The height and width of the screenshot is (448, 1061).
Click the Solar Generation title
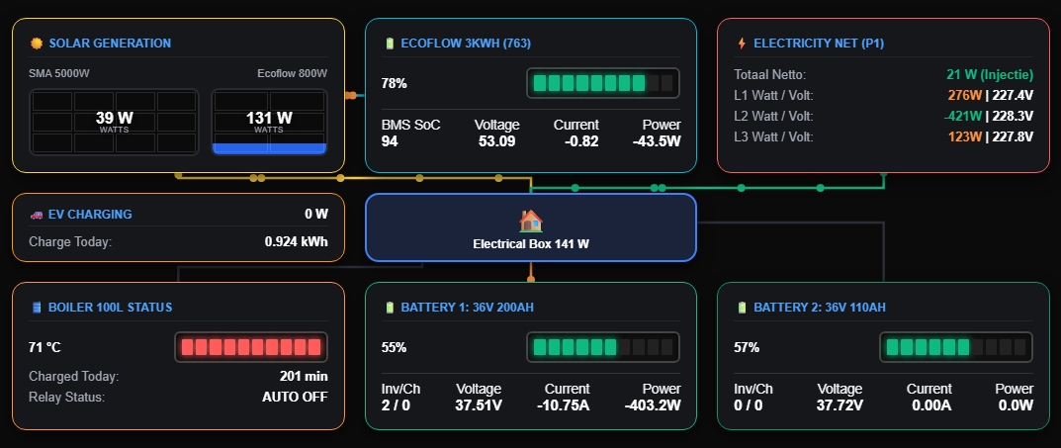tap(110, 44)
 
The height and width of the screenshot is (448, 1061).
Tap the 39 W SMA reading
tap(115, 118)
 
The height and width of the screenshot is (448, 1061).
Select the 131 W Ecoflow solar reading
tap(269, 118)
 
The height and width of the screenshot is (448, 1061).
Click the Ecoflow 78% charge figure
tap(395, 83)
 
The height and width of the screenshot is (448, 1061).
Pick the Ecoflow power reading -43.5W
tap(657, 141)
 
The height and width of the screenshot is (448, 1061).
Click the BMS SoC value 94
tap(390, 141)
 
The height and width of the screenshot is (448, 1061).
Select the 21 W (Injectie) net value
tap(990, 74)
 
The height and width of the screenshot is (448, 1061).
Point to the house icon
tap(531, 221)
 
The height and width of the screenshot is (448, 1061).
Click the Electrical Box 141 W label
tap(531, 243)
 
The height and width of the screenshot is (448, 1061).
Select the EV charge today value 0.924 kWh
tap(296, 241)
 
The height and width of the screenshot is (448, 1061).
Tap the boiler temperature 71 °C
tap(44, 347)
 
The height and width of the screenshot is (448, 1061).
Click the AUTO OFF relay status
tap(295, 398)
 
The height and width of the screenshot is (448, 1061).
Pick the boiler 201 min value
tap(304, 376)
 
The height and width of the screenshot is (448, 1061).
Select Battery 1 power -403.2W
tap(653, 405)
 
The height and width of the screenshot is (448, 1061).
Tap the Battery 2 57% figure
tap(747, 347)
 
